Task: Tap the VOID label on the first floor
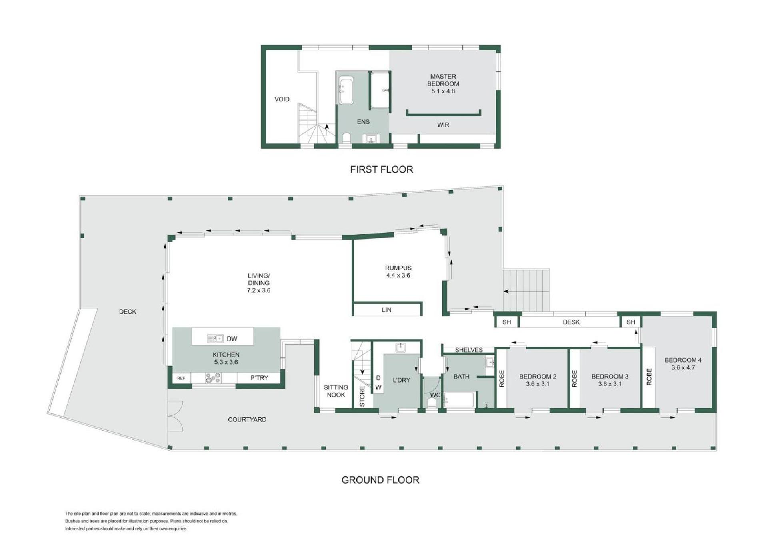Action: point(282,99)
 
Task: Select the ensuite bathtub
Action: point(346,90)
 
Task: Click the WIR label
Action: point(443,125)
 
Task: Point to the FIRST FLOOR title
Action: point(382,169)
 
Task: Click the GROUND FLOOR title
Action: point(380,480)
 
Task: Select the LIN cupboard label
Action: point(386,310)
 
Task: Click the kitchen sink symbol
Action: point(215,338)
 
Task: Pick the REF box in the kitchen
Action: point(181,378)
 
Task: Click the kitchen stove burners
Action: point(213,378)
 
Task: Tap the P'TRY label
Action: point(259,378)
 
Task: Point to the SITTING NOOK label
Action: point(336,391)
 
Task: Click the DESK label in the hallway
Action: point(571,322)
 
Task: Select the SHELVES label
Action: point(469,350)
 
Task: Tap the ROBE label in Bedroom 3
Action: point(575,379)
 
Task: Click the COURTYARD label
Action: point(247,419)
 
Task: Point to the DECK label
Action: point(128,311)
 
